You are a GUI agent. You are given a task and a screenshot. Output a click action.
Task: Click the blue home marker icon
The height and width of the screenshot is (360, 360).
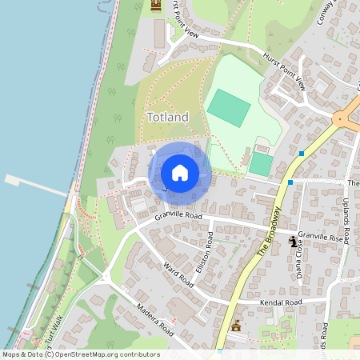tap(180, 172)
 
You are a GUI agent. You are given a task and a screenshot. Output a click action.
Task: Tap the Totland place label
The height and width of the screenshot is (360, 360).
tap(168, 118)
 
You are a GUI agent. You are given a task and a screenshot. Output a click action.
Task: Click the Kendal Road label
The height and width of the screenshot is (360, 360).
tap(282, 302)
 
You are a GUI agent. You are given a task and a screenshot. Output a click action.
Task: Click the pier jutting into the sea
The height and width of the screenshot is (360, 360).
tap(36, 186)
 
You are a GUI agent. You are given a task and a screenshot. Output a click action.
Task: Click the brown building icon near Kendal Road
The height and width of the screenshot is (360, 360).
tap(235, 325)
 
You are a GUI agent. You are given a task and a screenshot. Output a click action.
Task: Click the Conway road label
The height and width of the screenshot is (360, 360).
tap(324, 11)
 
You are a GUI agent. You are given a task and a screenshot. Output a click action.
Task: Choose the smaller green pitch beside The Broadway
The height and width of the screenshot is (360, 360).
tap(261, 164)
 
